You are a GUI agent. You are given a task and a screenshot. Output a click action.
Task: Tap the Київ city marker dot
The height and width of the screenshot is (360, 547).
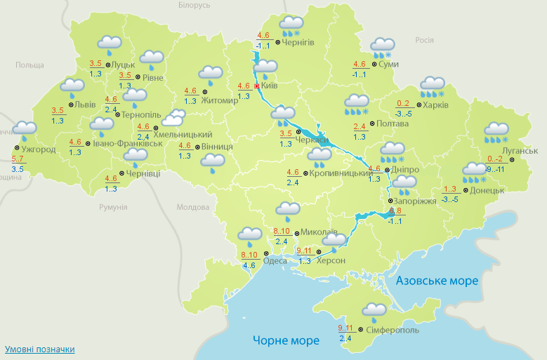(x=257, y=86)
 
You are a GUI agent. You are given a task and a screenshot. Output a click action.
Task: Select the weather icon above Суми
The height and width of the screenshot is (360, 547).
(x=383, y=47)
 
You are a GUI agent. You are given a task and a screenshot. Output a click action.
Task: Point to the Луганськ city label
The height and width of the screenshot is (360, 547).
(x=520, y=151)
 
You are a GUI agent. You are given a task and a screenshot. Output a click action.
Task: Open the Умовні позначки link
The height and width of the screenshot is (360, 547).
(x=39, y=349)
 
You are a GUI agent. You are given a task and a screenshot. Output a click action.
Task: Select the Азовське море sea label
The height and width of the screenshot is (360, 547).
(x=437, y=281)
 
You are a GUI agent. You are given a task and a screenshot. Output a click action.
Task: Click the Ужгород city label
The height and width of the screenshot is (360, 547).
(x=39, y=149)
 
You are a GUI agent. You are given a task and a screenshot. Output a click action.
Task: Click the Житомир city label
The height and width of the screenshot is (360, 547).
(x=220, y=100)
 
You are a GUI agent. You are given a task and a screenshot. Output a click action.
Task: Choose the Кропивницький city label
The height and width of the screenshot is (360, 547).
(x=341, y=173)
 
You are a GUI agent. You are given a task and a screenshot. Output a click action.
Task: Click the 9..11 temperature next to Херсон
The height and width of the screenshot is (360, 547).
(x=304, y=251)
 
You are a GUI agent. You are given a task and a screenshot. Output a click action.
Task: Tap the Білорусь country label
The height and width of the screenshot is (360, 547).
(x=195, y=5)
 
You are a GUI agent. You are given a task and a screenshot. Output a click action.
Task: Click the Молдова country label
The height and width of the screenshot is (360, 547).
(x=193, y=207)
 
